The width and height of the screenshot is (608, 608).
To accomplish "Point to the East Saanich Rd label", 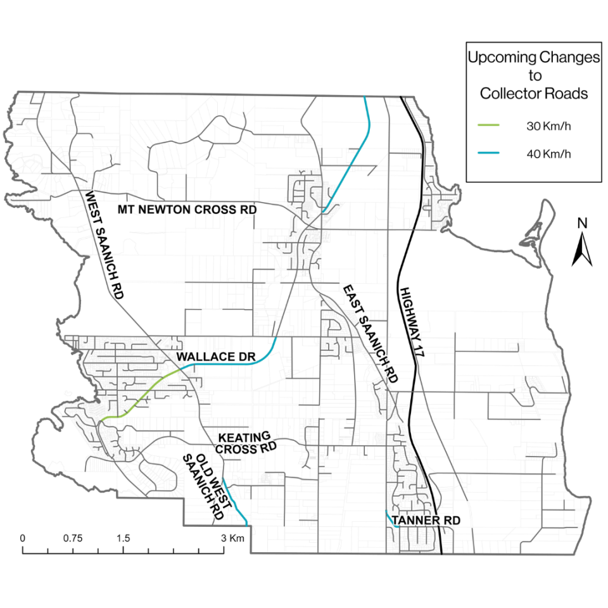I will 370,334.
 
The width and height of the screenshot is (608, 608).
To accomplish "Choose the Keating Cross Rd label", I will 248,442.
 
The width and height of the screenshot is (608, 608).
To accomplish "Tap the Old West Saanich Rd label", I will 203,486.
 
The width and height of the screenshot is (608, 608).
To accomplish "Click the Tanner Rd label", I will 426,521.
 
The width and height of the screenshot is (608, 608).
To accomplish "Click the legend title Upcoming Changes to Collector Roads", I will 534,75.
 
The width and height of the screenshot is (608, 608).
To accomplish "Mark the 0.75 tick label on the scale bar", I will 73,538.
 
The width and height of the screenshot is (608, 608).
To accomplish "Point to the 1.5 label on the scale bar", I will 123,538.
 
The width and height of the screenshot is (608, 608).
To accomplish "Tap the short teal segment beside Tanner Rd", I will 389,518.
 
